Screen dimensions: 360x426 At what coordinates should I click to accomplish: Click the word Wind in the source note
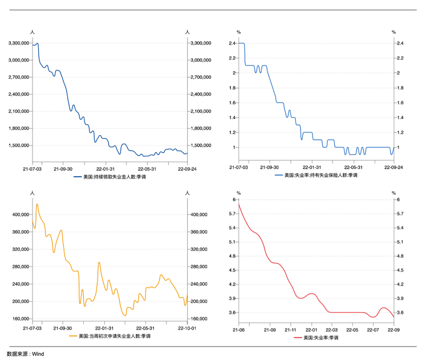(x=38, y=354)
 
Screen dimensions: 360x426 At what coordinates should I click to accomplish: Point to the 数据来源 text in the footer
(x=17, y=354)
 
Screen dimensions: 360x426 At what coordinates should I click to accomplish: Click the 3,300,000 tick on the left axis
(x=19, y=43)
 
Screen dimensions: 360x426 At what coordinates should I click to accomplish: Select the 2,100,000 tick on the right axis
(x=200, y=111)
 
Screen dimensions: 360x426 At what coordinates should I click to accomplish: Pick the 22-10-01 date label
(x=187, y=329)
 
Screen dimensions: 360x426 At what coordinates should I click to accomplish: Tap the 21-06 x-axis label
(x=238, y=330)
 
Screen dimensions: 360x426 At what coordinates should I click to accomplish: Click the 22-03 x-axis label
(x=331, y=330)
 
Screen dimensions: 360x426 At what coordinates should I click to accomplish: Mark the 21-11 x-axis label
(x=290, y=330)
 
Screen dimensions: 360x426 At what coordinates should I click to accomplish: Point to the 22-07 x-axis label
(x=373, y=330)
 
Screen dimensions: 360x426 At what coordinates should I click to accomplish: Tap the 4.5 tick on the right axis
(x=400, y=270)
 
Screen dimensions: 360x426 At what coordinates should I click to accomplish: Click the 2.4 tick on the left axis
(x=232, y=43)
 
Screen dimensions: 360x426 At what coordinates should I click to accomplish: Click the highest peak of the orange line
(x=37, y=204)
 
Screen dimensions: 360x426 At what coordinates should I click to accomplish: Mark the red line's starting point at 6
(x=238, y=200)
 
